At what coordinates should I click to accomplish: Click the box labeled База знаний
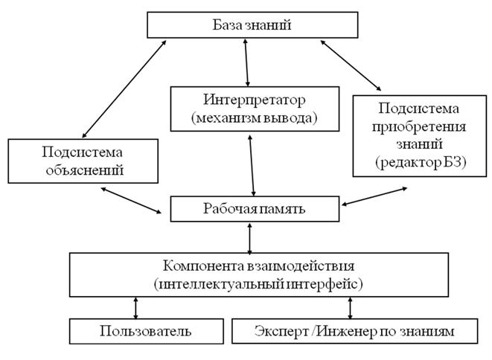point(252,25)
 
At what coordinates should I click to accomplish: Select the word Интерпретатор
point(255,100)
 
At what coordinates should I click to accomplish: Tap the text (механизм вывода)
point(255,118)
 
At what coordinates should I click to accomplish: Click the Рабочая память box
point(255,209)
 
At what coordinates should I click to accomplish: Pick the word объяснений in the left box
point(84,170)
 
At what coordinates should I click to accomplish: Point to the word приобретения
point(419,126)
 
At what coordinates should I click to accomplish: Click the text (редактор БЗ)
point(421,162)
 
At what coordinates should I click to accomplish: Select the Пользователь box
point(147,332)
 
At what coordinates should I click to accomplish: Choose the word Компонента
point(204,266)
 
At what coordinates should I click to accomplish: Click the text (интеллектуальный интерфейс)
point(258,284)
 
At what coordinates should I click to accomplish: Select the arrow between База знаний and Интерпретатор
point(246,62)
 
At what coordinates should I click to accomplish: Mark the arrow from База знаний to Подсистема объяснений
point(124,89)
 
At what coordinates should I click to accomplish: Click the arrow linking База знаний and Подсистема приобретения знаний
point(351,65)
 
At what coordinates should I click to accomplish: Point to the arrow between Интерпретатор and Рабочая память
point(252,166)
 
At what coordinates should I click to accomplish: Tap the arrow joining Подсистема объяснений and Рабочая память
point(131,200)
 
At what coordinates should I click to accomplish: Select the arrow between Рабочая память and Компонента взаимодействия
point(250,238)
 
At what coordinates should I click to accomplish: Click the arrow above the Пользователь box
point(135,308)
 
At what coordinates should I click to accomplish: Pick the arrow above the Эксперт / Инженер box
point(350,308)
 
